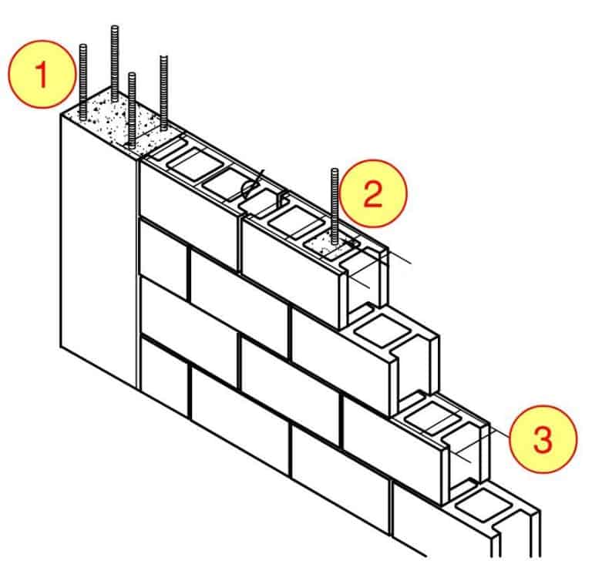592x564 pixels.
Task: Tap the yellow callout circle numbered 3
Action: point(543,441)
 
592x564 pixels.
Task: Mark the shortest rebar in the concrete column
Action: point(133,108)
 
